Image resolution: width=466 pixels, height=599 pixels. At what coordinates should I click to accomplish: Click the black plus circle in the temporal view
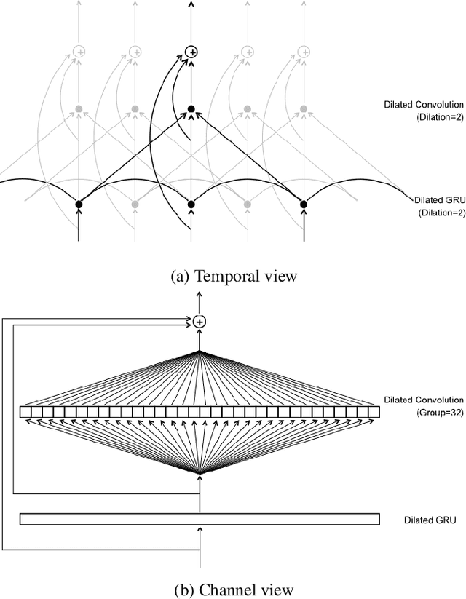coord(191,51)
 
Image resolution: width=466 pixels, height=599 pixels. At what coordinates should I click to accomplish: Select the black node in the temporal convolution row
coord(191,109)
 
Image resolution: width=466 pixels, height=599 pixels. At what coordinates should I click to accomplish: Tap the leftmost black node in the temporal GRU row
coord(79,205)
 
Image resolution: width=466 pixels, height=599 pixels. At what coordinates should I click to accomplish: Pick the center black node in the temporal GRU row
coord(191,205)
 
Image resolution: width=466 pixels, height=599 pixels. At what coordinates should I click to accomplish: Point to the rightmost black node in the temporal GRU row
coord(304,205)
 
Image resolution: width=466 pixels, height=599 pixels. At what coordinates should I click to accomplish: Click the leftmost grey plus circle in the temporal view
coord(79,51)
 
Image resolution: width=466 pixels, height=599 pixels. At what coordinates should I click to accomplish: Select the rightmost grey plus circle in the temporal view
coord(304,51)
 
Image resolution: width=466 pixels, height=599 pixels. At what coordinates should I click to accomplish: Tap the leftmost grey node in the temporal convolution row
coord(79,109)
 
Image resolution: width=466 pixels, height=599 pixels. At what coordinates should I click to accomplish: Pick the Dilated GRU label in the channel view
coord(430,520)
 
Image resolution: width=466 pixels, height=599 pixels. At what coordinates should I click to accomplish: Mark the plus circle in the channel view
coord(200,321)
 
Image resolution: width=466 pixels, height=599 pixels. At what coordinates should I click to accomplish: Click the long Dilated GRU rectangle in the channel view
coord(200,519)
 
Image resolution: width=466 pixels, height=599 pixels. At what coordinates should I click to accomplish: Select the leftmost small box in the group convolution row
coord(25,413)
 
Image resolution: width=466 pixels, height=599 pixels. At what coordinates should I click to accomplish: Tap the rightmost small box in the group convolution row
coord(374,413)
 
